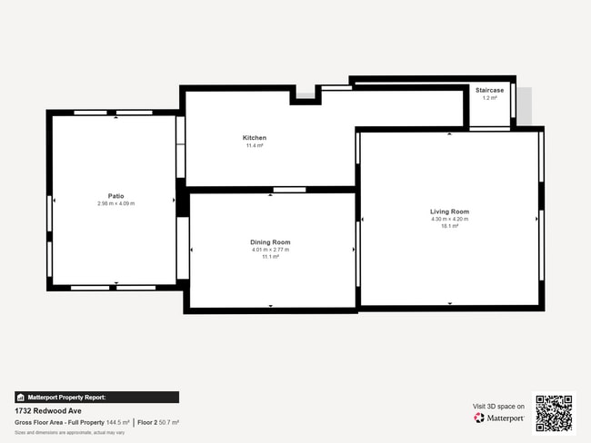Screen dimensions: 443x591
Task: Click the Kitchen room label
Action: (x=254, y=138)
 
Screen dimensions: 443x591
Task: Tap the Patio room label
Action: (x=115, y=196)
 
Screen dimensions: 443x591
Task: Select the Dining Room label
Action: (x=270, y=242)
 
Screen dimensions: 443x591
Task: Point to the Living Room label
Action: (x=449, y=212)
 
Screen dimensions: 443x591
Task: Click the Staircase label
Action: (x=489, y=91)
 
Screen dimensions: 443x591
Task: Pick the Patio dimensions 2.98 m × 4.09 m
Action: (x=115, y=203)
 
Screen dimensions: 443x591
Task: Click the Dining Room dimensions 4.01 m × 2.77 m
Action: (x=270, y=250)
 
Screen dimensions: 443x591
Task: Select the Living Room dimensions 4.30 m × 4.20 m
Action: (x=449, y=219)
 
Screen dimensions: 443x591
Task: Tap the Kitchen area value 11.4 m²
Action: (x=254, y=145)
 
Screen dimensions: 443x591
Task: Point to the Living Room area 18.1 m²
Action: (x=449, y=226)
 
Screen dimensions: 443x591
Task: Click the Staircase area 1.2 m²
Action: (x=489, y=98)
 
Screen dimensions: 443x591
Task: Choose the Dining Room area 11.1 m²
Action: (x=270, y=257)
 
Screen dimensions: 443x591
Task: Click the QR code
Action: (x=554, y=413)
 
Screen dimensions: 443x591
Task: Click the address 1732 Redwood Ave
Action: (x=44, y=410)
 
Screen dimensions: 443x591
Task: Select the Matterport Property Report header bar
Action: (x=96, y=398)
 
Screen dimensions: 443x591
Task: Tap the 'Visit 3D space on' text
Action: (x=498, y=407)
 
